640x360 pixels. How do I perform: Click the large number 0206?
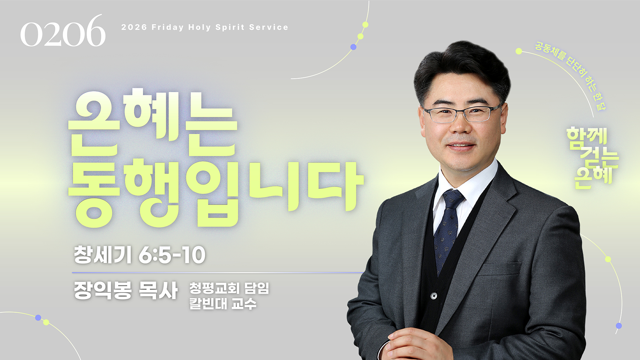tap(63, 31)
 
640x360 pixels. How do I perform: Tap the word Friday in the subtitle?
tap(168, 27)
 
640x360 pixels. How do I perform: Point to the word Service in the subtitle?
tap(269, 27)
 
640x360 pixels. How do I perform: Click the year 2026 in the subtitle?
tap(134, 27)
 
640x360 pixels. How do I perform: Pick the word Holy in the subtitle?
tap(199, 27)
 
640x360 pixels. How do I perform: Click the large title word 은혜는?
tap(153, 122)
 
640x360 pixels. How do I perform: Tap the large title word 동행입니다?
tap(216, 193)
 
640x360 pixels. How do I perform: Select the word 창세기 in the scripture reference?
tap(103, 255)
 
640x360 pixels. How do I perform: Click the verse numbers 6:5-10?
tap(172, 255)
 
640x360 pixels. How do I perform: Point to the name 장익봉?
tap(103, 290)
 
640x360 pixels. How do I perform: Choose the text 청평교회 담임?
tap(229, 288)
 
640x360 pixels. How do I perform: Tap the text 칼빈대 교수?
tap(223, 304)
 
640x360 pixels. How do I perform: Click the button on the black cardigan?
tap(434, 296)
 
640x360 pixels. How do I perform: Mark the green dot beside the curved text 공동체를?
tap(519, 51)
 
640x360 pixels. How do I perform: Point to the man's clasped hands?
tap(417, 345)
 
